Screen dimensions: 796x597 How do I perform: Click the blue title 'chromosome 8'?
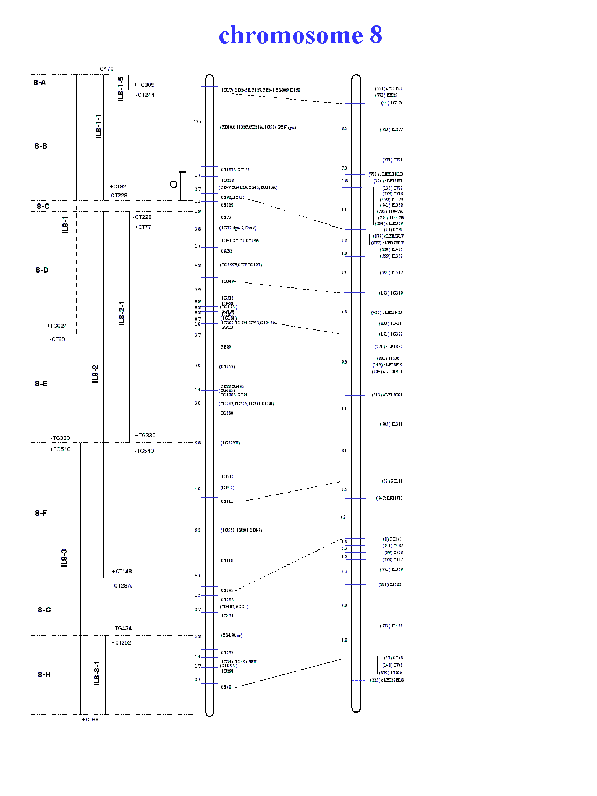300,35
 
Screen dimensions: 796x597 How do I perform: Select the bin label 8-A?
39,83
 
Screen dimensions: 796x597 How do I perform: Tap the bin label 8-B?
41,146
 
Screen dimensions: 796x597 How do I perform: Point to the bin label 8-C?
43,206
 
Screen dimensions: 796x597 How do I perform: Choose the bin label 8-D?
42,270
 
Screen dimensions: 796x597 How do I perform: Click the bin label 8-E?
41,384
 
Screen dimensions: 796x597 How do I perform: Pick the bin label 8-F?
41,513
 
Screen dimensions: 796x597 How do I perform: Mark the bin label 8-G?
44,610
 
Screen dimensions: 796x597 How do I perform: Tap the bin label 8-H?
44,674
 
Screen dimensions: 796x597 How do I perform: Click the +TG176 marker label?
103,69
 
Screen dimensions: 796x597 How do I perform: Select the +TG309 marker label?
144,85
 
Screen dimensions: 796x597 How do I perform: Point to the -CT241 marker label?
145,95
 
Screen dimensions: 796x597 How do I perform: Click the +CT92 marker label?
118,187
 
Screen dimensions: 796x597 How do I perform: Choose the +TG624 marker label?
57,326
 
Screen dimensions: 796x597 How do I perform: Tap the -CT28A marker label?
122,586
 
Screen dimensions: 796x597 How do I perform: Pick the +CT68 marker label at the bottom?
91,720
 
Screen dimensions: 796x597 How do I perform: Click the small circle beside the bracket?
174,184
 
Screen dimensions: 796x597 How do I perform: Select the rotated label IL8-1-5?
121,88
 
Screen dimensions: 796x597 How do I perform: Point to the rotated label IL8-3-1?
97,673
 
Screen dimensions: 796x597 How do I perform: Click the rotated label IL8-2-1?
122,313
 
